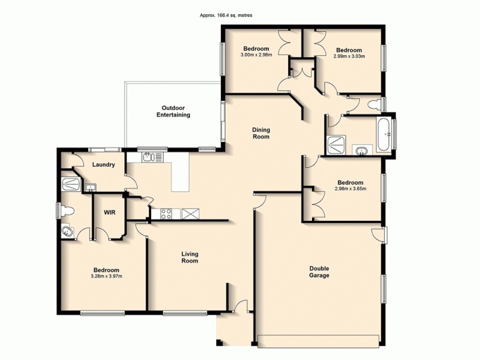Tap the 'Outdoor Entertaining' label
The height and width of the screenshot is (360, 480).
coord(173,111)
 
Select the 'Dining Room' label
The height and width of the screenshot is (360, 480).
coord(261,133)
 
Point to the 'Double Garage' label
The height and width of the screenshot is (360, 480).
coord(319,272)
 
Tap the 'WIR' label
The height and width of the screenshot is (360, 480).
coord(109,212)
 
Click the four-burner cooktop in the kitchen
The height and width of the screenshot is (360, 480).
coord(166,214)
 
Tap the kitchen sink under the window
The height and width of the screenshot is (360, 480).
coord(149,158)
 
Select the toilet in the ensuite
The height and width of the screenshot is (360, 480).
coord(68,211)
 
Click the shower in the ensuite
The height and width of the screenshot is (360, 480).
coord(71,182)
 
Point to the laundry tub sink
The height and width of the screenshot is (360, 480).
coord(90,188)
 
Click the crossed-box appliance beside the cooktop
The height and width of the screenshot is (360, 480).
coord(191,214)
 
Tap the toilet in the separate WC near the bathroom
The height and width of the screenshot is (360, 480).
coord(374,105)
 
